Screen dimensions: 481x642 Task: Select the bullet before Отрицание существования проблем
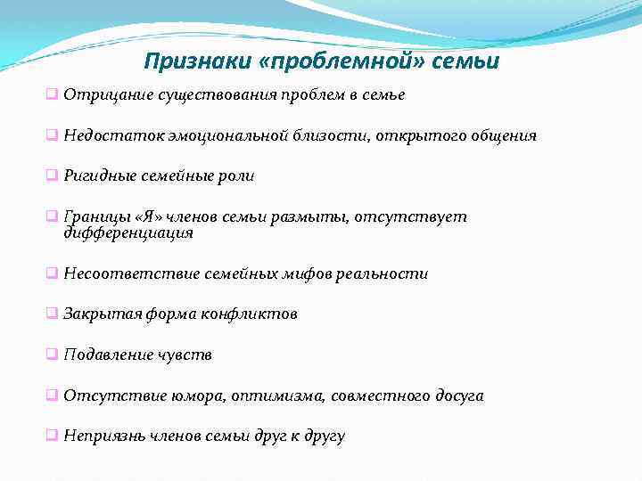tap(53, 94)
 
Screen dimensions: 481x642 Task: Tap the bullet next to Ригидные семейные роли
tap(53, 175)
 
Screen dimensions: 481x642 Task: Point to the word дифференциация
tap(128, 233)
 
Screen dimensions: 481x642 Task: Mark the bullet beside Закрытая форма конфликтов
tap(53, 314)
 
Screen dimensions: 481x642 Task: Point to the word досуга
tap(458, 396)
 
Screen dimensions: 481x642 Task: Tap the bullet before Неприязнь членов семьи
tap(53, 436)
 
